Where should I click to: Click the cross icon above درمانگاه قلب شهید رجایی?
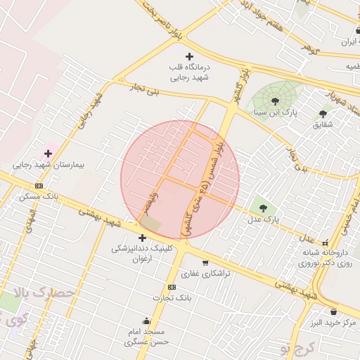[188, 56]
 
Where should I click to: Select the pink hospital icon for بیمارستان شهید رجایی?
[49, 153]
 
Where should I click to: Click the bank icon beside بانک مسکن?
[39, 186]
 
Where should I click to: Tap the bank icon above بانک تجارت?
[172, 288]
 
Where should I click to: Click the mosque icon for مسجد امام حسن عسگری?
[146, 321]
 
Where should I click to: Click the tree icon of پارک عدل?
[264, 208]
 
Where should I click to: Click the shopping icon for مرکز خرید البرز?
[333, 311]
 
